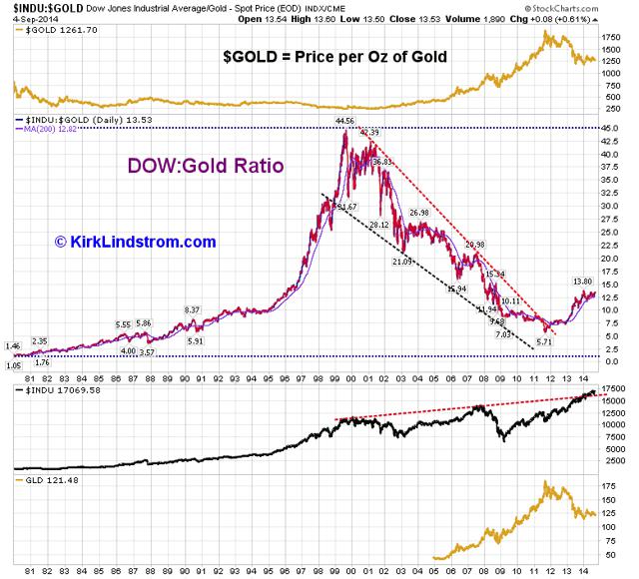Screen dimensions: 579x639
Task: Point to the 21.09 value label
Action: (x=401, y=262)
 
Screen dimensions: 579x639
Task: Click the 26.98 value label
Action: (x=419, y=212)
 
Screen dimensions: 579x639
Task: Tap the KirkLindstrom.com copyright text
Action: (x=135, y=242)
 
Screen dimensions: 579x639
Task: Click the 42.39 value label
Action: (x=370, y=133)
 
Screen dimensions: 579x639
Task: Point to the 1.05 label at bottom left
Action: (x=13, y=365)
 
